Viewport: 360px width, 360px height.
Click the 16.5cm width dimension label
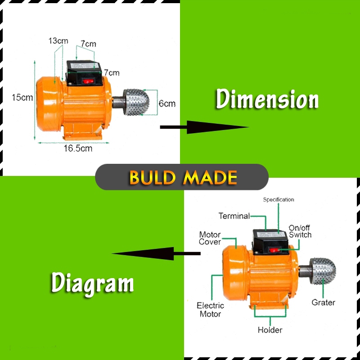pos(77,148)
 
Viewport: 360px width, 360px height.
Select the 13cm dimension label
pos(58,41)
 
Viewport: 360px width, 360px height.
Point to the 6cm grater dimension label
pos(167,103)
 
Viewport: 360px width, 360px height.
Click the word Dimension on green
pos(267,99)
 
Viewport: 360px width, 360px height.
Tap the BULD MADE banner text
pos(183,177)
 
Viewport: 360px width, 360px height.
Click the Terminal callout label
pos(234,216)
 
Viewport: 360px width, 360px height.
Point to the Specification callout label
pos(279,199)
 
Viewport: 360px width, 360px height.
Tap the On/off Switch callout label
pos(300,231)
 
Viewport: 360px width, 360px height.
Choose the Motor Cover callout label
pos(210,238)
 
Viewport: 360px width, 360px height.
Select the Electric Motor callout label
pos(210,310)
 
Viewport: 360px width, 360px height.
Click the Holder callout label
pos(270,330)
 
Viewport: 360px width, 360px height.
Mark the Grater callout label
pos(323,302)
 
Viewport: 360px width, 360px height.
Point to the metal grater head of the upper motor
pos(138,102)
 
